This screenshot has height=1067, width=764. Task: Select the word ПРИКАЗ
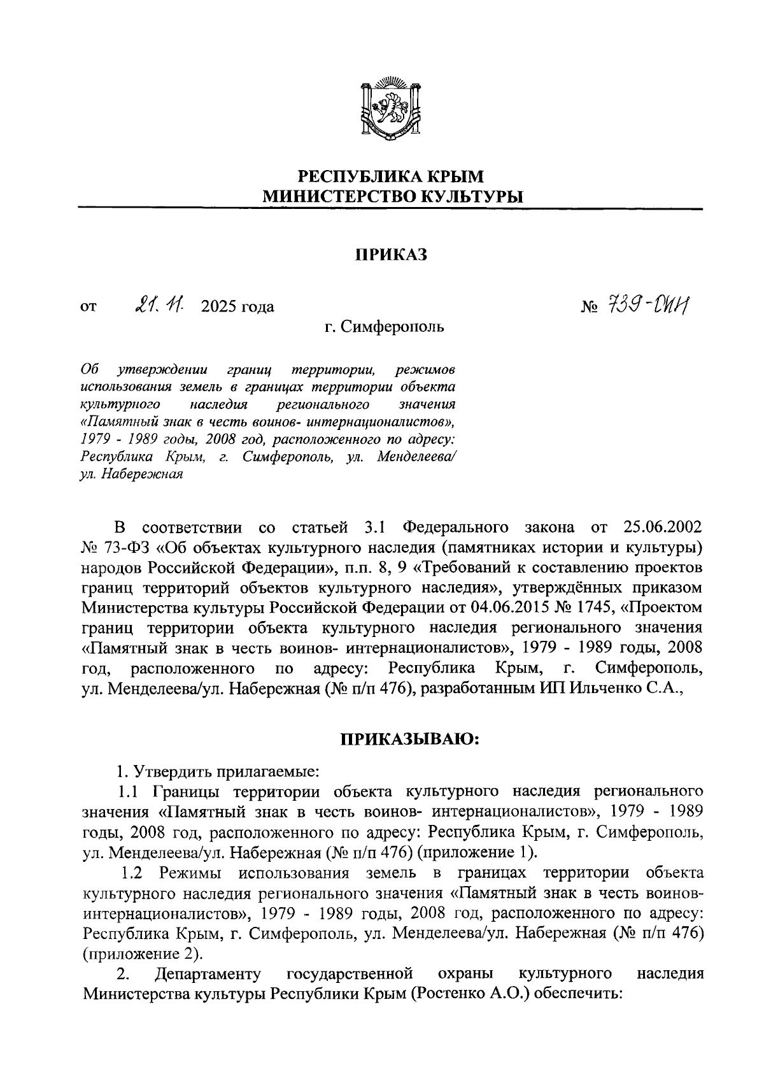(390, 255)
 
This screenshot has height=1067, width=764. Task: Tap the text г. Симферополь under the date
(385, 327)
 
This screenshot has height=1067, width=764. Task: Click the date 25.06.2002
(659, 527)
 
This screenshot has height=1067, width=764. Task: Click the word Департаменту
(208, 974)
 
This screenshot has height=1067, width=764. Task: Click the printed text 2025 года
(237, 308)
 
